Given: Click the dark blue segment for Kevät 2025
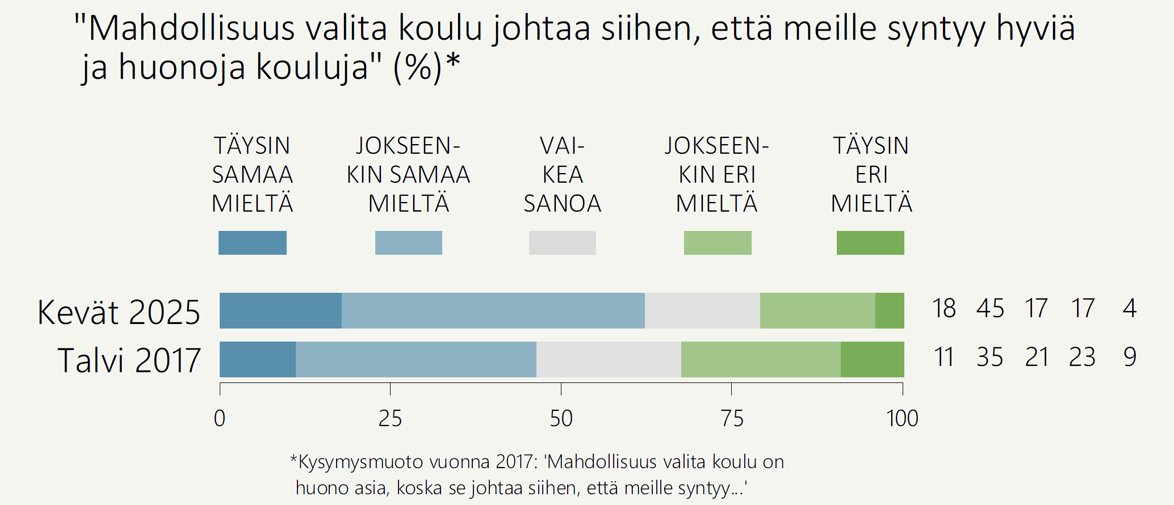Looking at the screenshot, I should pyautogui.click(x=280, y=310).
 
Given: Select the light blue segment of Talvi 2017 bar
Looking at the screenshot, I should pyautogui.click(x=416, y=359).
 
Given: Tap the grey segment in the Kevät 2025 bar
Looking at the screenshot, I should pyautogui.click(x=702, y=310).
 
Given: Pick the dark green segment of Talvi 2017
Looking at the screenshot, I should pyautogui.click(x=872, y=359).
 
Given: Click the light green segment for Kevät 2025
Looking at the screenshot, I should pyautogui.click(x=817, y=310).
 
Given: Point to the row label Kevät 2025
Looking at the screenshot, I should pyautogui.click(x=119, y=312).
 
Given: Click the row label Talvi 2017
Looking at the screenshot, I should pyautogui.click(x=129, y=360).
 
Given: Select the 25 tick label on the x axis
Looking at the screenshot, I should pyautogui.click(x=390, y=419).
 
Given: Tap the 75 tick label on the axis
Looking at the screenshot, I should pyautogui.click(x=732, y=419).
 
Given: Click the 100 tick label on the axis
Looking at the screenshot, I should pyautogui.click(x=902, y=419).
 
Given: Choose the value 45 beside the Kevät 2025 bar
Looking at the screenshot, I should pyautogui.click(x=990, y=309).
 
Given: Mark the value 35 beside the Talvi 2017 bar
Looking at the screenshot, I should pyautogui.click(x=989, y=357).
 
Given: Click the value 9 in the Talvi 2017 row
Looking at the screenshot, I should pyautogui.click(x=1130, y=357).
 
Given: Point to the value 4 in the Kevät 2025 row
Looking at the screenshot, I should pyautogui.click(x=1130, y=309).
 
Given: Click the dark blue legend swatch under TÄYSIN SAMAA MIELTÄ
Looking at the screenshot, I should pyautogui.click(x=253, y=243).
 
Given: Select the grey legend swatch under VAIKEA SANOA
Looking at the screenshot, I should pyautogui.click(x=563, y=243).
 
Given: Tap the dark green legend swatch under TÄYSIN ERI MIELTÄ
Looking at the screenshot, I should pyautogui.click(x=870, y=243).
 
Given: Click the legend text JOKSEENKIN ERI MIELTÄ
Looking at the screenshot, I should pyautogui.click(x=717, y=174).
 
